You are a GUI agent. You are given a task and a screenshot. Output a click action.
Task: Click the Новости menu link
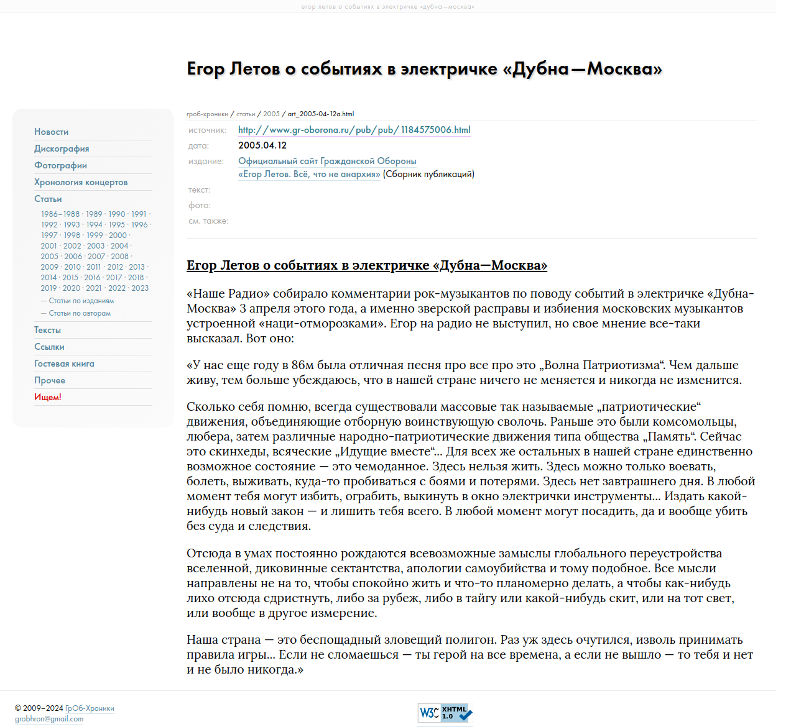(52, 132)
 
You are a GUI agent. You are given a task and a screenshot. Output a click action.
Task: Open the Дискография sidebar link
(62, 149)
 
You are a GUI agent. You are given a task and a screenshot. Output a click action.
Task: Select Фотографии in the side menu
(60, 165)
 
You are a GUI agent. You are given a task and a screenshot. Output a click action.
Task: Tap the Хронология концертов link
(81, 182)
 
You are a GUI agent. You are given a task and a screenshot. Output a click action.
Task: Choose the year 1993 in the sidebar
(72, 225)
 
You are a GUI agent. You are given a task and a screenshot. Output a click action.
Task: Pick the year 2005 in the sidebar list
(49, 257)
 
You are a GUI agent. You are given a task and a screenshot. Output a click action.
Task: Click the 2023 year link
(140, 288)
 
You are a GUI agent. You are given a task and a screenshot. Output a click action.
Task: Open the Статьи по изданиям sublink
(81, 301)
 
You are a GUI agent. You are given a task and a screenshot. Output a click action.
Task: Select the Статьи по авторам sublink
(80, 313)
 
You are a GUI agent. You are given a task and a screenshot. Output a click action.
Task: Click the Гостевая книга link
(64, 363)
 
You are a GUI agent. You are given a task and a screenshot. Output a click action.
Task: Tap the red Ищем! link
(48, 397)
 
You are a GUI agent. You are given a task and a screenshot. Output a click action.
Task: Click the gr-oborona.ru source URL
(354, 130)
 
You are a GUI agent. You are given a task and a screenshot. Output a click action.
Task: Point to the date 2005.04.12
(262, 145)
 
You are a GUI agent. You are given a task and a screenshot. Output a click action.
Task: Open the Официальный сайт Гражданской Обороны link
(327, 161)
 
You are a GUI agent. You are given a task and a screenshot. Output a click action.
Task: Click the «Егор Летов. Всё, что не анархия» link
(309, 174)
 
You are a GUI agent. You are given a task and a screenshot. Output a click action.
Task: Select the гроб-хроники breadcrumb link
(207, 114)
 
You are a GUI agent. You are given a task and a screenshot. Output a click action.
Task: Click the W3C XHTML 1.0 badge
(445, 713)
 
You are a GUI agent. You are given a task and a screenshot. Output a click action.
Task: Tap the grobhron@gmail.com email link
(49, 719)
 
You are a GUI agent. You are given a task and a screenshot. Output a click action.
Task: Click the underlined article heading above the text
(366, 265)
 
